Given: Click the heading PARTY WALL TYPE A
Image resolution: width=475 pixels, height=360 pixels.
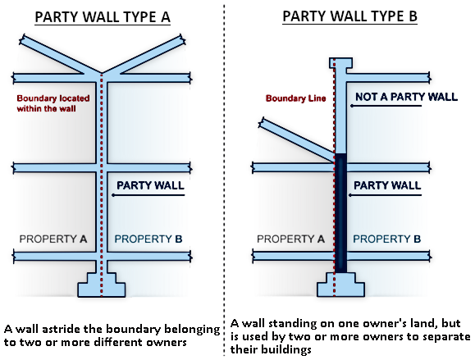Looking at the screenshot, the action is click(x=103, y=17).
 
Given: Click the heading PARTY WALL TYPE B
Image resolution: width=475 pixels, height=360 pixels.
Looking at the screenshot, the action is click(x=349, y=16).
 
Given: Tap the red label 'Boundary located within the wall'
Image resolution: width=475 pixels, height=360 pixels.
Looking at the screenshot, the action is click(x=53, y=103).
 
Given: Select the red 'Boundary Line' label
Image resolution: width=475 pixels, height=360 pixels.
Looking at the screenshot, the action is click(x=295, y=98).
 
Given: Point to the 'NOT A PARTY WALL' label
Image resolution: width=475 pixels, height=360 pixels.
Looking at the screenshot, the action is click(x=406, y=97).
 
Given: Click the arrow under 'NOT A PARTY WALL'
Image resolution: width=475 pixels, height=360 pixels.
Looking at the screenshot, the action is click(x=386, y=106).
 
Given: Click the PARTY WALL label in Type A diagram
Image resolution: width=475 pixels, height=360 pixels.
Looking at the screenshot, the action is click(x=150, y=185).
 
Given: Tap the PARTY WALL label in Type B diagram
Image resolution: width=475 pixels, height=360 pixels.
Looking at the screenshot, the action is click(x=387, y=185).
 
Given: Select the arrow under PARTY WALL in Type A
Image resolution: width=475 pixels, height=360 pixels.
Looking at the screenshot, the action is click(x=148, y=195).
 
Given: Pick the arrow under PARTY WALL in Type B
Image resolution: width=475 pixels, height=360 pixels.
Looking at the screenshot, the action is click(x=385, y=195).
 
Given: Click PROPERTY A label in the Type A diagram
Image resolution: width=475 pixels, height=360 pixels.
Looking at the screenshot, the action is click(x=53, y=239).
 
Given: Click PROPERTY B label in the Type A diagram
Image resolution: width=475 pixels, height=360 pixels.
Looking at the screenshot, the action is click(x=148, y=239).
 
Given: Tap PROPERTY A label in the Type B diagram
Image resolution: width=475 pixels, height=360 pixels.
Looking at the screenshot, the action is click(x=290, y=239).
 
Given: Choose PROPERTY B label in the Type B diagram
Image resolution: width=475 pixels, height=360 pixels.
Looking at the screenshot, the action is click(x=387, y=239).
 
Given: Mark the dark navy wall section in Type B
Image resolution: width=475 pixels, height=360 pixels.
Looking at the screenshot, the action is click(x=340, y=213).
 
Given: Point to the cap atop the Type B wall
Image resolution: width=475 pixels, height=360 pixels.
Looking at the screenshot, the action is click(x=340, y=63).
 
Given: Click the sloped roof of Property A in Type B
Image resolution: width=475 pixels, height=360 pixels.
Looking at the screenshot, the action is click(x=297, y=139).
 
